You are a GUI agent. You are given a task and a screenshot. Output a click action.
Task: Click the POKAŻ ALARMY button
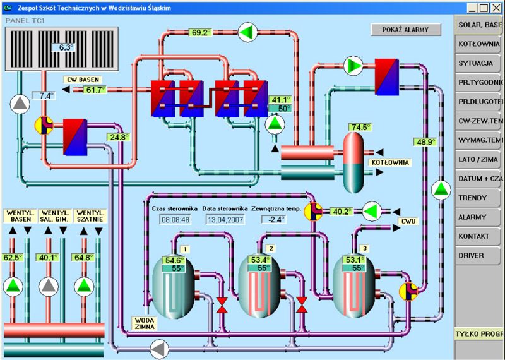point(405,29)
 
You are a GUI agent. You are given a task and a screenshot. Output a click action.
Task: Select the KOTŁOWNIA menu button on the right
point(479,44)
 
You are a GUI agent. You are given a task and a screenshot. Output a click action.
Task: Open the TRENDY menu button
point(479,198)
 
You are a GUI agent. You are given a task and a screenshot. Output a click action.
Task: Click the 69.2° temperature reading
point(200,32)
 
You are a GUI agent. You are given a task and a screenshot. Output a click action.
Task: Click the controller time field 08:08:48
point(175,220)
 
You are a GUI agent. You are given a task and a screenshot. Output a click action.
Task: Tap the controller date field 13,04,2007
point(224,220)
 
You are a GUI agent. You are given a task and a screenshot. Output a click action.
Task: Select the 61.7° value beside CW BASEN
point(95,90)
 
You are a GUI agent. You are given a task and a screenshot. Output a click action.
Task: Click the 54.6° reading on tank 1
point(174,260)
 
